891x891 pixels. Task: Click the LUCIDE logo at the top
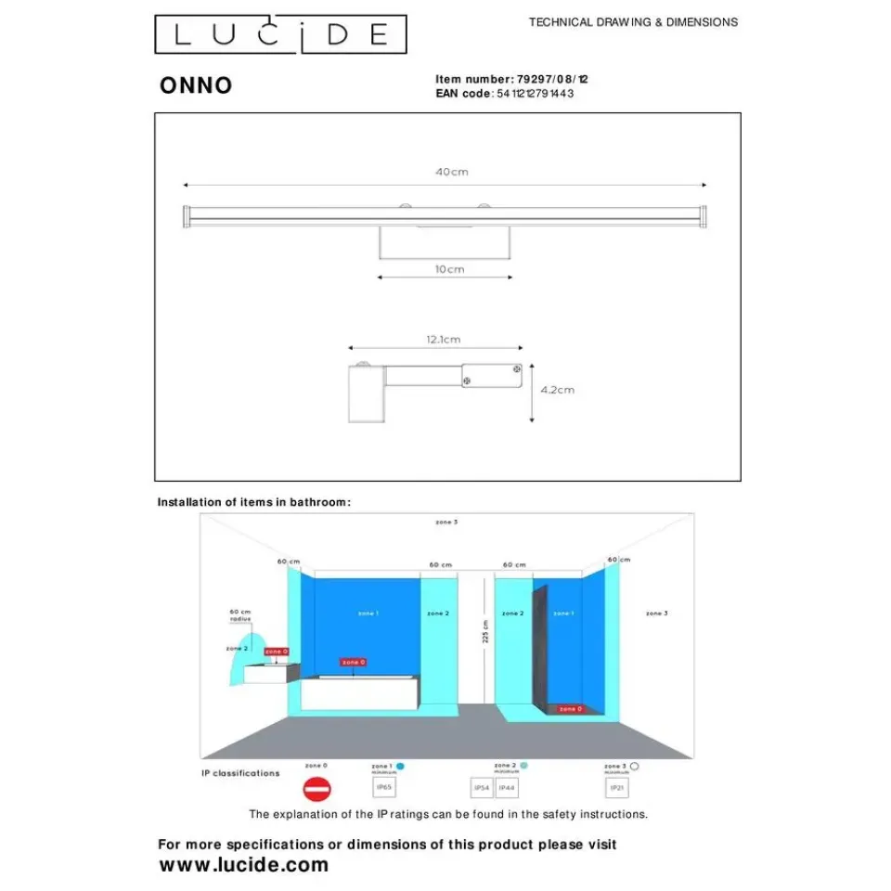[279, 35]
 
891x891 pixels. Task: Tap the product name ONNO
[196, 85]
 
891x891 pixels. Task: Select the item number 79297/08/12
[551, 80]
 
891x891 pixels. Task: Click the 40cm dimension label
[452, 173]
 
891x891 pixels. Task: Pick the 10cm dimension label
[449, 269]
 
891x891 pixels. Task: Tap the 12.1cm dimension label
[444, 340]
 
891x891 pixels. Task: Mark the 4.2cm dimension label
[557, 390]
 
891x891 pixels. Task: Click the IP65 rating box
[384, 787]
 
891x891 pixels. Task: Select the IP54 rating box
[482, 788]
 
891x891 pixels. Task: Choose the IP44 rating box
[506, 788]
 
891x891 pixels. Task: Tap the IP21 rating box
[617, 787]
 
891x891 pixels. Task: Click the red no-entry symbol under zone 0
[316, 790]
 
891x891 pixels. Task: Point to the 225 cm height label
[485, 632]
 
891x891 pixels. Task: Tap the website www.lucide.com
[244, 865]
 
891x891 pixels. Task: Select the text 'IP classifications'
[240, 773]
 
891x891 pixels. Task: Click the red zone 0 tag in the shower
[570, 709]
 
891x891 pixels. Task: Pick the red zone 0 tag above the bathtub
[353, 662]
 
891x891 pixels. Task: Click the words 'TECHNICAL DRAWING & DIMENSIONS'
[633, 22]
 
